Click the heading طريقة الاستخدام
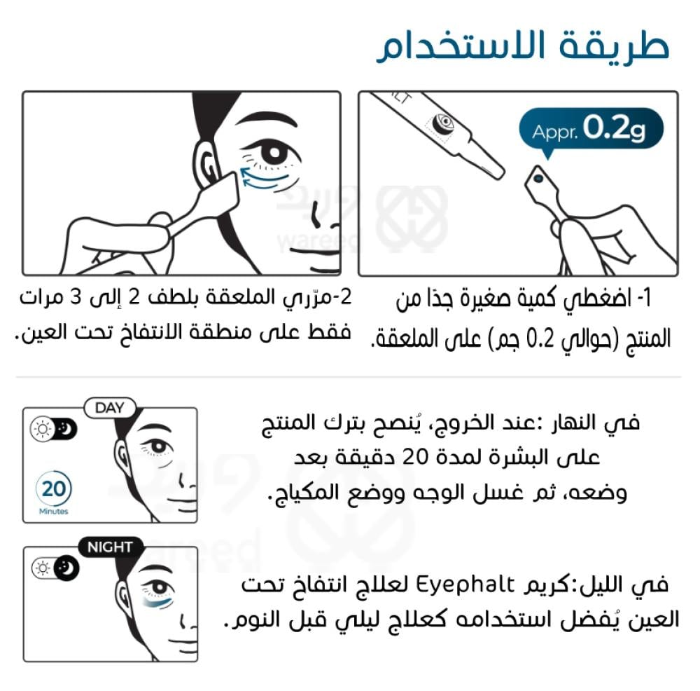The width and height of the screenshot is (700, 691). point(523,46)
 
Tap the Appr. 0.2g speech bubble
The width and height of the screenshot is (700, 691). point(591,129)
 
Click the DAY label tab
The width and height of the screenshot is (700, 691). point(110,408)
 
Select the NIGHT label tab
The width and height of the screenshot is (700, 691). point(111,547)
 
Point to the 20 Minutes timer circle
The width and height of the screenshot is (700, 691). point(54,488)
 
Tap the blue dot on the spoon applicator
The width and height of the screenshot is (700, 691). point(538,178)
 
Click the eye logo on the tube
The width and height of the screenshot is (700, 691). point(444,123)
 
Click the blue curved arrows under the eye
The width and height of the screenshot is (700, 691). point(263,179)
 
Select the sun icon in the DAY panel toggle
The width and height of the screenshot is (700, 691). point(43,429)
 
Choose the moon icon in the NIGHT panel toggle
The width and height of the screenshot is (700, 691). point(67,568)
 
